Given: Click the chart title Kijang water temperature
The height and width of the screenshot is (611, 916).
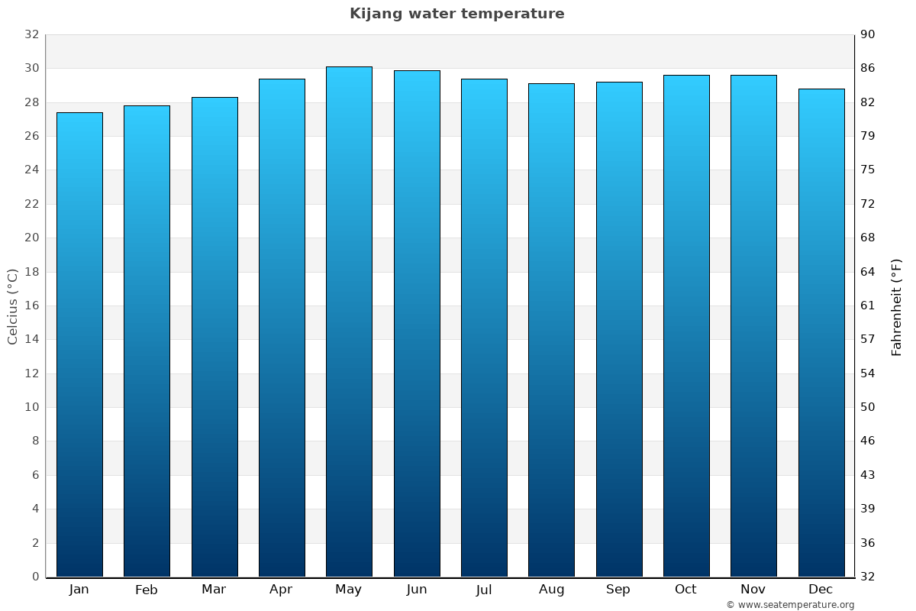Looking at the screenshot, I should pyautogui.click(x=456, y=14).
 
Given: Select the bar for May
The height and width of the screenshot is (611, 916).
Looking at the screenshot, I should pyautogui.click(x=349, y=321).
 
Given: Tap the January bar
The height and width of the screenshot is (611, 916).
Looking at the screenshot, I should pyautogui.click(x=79, y=344).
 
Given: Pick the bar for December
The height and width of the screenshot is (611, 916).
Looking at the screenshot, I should pyautogui.click(x=821, y=332).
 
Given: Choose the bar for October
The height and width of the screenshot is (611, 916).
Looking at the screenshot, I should pyautogui.click(x=686, y=325).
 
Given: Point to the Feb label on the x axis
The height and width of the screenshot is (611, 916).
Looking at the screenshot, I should pyautogui.click(x=146, y=590).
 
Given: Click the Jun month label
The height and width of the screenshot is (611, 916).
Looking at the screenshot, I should pyautogui.click(x=417, y=590).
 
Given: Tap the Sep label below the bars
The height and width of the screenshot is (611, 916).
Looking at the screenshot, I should pyautogui.click(x=618, y=590).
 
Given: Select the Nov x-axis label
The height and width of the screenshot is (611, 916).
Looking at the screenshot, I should pyautogui.click(x=753, y=590).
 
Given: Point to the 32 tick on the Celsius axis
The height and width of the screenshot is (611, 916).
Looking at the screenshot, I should pyautogui.click(x=31, y=34).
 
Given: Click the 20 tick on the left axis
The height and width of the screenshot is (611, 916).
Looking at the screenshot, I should pyautogui.click(x=31, y=238).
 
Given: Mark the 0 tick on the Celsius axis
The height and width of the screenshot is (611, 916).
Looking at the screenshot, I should pyautogui.click(x=35, y=577).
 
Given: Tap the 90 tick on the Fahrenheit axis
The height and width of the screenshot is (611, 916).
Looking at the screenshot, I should pyautogui.click(x=868, y=34).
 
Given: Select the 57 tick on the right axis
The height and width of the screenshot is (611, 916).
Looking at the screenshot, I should pyautogui.click(x=868, y=339).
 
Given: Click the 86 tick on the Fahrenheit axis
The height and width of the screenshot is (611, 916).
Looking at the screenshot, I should pyautogui.click(x=868, y=68).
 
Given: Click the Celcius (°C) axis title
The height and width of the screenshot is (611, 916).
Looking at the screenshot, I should pyautogui.click(x=13, y=305).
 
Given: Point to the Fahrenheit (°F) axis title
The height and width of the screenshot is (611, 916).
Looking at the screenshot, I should pyautogui.click(x=896, y=307).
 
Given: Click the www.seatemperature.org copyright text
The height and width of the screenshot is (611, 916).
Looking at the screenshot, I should pyautogui.click(x=790, y=605).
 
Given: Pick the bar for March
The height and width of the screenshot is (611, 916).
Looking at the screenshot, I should pyautogui.click(x=214, y=336).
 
